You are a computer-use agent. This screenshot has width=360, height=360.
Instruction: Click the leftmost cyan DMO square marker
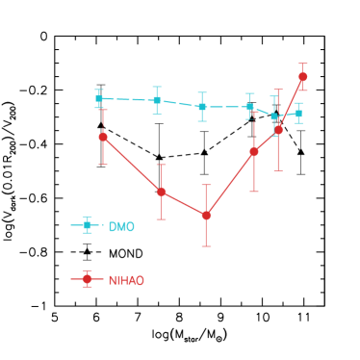(x=99, y=98)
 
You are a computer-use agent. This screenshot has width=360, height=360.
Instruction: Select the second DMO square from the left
(x=157, y=100)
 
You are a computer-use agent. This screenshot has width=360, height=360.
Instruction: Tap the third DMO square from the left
(x=202, y=107)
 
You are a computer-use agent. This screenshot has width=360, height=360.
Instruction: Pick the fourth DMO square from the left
(x=249, y=107)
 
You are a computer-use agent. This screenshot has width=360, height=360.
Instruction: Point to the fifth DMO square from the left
(x=274, y=116)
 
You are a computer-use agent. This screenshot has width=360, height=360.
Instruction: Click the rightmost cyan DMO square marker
(x=298, y=114)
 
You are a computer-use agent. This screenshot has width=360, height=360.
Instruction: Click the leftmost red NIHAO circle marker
(x=103, y=137)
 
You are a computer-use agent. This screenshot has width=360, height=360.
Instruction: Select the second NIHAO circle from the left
(x=162, y=192)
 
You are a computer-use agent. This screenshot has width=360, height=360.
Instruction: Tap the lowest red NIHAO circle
(x=206, y=216)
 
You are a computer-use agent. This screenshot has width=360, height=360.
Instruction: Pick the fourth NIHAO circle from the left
(x=254, y=151)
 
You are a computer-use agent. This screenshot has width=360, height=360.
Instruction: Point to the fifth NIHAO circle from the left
(x=278, y=130)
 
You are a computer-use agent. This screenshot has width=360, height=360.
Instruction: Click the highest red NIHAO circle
(x=302, y=76)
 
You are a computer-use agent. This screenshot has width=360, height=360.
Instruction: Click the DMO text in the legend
(x=121, y=226)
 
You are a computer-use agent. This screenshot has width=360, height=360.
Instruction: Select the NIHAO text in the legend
(x=126, y=280)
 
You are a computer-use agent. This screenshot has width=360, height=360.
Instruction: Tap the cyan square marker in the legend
(x=87, y=225)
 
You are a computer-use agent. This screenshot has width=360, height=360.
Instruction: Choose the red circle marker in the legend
(x=87, y=279)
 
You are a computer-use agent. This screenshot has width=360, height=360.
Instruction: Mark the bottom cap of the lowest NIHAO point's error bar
(x=206, y=246)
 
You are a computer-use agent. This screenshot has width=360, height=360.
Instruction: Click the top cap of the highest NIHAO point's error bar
(x=302, y=64)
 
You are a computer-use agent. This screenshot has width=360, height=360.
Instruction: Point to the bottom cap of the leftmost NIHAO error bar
(x=103, y=165)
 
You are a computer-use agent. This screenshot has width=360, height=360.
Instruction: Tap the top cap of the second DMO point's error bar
(x=157, y=87)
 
